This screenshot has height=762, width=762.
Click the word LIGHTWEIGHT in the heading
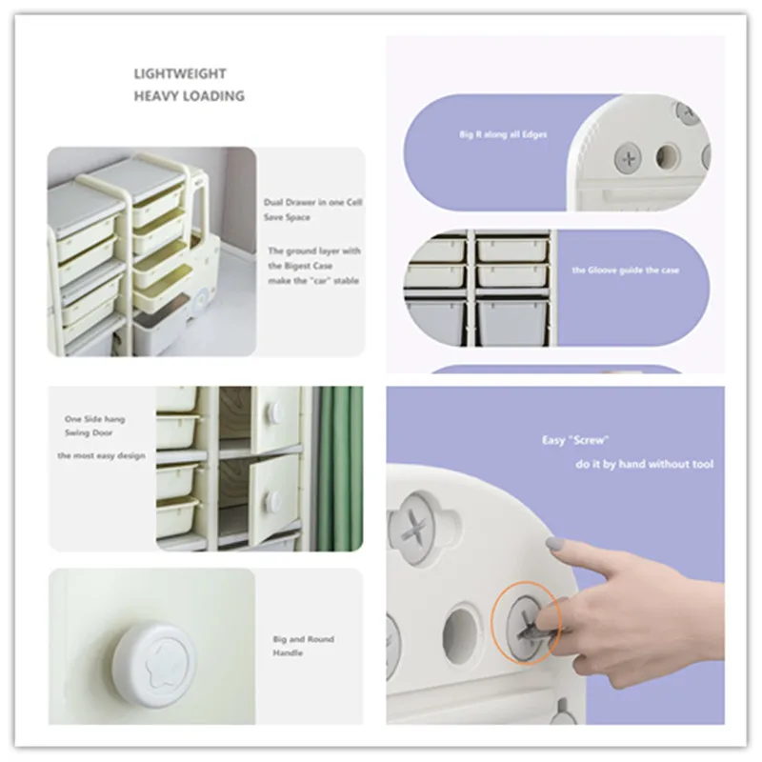pos(180,74)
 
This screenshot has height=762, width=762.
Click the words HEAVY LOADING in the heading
pos(189,96)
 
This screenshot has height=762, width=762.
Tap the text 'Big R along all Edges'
pos(503,134)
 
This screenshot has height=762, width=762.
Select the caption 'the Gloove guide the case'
pos(626,271)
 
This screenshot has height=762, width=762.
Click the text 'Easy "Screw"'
pos(575,440)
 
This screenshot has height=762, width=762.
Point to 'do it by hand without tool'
pos(645,464)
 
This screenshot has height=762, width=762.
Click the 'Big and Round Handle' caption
pos(303,646)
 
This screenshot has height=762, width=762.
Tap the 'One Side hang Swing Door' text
pos(94,426)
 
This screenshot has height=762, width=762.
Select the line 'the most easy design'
pos(101,455)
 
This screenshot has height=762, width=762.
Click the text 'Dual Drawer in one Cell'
pos(313,202)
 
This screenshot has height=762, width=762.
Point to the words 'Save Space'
pos(287,217)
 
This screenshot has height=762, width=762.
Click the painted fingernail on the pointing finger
pos(554,544)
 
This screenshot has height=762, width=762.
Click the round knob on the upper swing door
pos(276,412)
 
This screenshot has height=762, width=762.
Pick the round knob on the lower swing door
pos(274,501)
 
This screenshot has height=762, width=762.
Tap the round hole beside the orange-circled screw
pos(460,632)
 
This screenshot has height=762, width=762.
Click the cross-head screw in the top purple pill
pos(629,158)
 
